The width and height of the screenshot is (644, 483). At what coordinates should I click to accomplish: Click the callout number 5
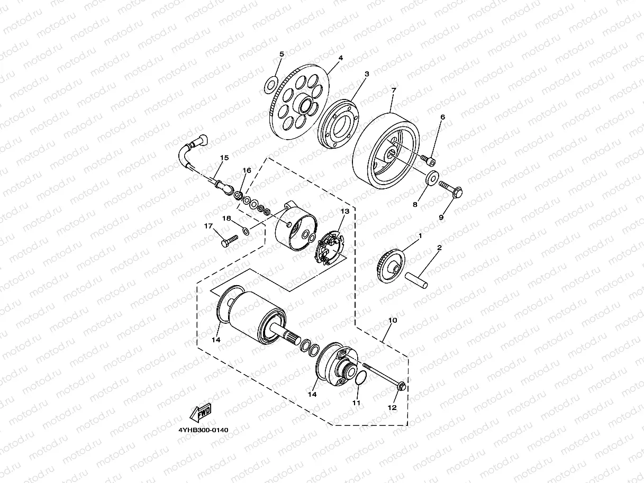click(282, 54)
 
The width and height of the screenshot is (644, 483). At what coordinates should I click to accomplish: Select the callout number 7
click(393, 91)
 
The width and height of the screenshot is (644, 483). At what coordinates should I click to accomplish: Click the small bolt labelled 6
click(429, 158)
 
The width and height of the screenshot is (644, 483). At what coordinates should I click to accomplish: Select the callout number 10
click(393, 321)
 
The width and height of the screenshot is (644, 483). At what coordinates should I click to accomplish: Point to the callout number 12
click(392, 408)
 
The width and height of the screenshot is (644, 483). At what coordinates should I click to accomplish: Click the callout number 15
click(224, 158)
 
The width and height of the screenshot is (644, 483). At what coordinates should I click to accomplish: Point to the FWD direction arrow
click(201, 412)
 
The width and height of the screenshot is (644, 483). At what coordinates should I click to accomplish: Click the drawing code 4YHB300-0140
click(203, 430)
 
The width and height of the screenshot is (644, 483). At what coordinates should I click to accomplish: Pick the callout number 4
click(341, 58)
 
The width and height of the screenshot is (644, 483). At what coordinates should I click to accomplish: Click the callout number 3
click(367, 74)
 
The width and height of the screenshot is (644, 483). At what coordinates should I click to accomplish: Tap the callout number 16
click(247, 170)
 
